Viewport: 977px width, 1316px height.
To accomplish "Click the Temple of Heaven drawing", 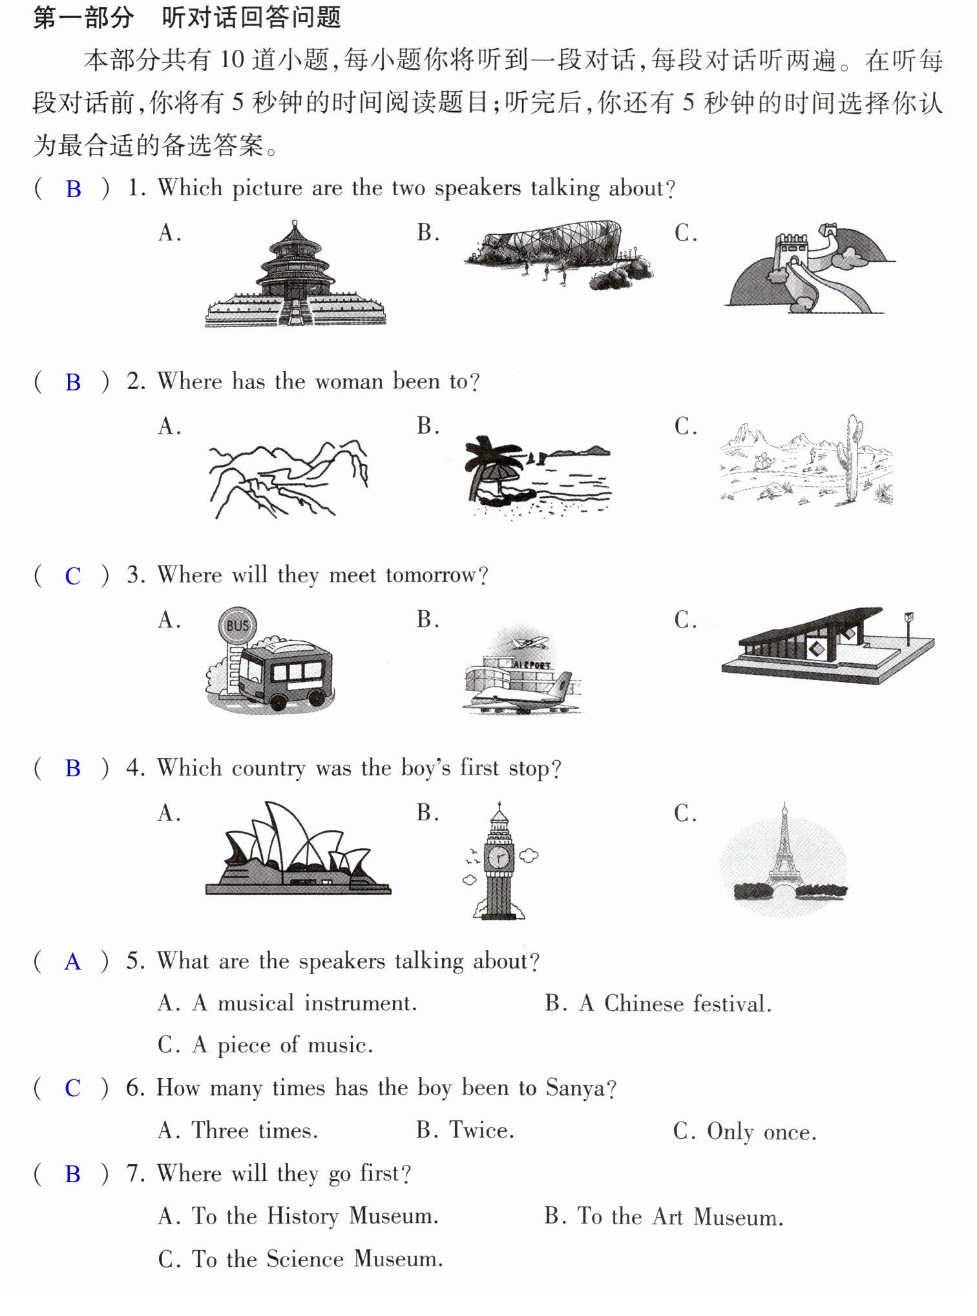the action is click(x=295, y=275).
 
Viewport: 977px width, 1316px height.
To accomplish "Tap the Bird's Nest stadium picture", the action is click(x=559, y=254).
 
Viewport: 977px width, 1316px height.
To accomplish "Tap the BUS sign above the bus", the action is click(x=237, y=625).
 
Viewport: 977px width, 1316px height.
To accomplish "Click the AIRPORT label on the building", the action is click(x=532, y=664).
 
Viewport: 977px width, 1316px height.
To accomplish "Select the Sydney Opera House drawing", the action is click(x=298, y=848).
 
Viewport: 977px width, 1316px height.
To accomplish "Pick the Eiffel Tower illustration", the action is click(x=784, y=852).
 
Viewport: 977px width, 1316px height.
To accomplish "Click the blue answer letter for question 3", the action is click(x=73, y=576).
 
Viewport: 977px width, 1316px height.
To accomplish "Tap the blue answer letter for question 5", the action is click(x=73, y=962).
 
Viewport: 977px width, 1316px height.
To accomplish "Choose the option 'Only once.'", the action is click(x=761, y=1131).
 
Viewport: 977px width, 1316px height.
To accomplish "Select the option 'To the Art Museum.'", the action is click(x=680, y=1216).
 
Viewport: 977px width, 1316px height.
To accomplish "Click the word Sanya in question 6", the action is click(x=576, y=1088).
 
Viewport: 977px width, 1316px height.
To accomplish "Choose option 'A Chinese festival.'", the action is click(x=676, y=1003).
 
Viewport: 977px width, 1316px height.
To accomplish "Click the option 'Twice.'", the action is click(x=482, y=1130).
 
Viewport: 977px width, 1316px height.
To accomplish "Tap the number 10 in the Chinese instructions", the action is click(x=232, y=60).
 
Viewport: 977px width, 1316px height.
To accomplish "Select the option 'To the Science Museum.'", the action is click(x=317, y=1259).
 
